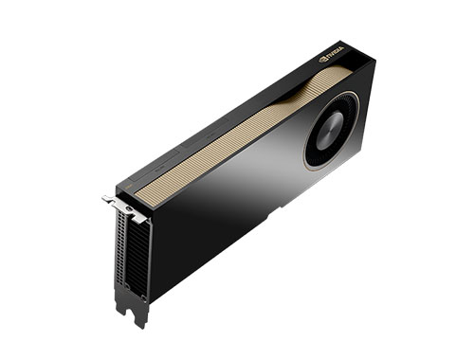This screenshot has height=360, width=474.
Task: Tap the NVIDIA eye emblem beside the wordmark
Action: pos(324,58)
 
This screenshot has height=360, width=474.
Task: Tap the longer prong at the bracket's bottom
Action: pos(139,313)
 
